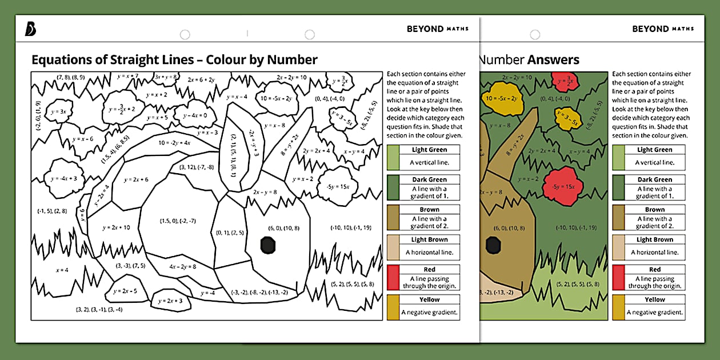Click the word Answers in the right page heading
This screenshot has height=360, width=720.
(x=553, y=59)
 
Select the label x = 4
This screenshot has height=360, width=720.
(x=62, y=270)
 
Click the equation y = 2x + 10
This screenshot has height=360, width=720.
(x=117, y=227)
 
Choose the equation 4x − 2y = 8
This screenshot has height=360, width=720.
(x=183, y=266)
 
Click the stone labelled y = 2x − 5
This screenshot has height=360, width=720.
(x=125, y=290)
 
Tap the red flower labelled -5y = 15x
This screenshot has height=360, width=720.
(x=563, y=186)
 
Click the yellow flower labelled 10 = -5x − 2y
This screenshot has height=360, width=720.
(x=502, y=98)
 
